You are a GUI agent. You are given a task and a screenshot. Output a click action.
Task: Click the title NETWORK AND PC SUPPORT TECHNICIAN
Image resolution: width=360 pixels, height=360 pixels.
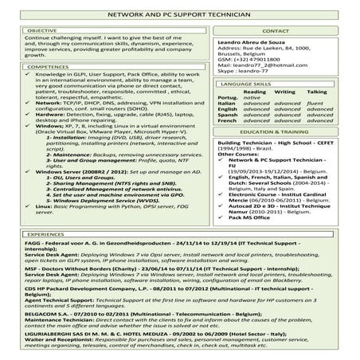point(180,15)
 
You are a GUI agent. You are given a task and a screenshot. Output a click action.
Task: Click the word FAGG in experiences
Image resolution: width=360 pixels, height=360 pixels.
point(33,247)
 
